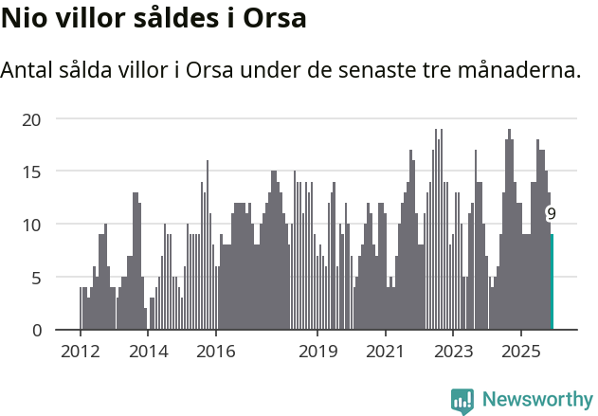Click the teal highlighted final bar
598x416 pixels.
(553, 282)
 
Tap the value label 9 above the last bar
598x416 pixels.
(551, 214)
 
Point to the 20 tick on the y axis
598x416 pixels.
(32, 119)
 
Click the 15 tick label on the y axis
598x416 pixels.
(32, 172)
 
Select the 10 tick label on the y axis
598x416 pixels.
(32, 225)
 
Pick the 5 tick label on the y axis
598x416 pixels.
(36, 278)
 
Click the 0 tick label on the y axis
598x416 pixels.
(36, 330)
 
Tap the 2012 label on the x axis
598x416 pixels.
(80, 352)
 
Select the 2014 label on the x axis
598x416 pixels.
(148, 352)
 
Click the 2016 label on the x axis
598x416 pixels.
(215, 352)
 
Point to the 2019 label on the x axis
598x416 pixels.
(317, 352)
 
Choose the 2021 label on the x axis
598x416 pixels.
(386, 352)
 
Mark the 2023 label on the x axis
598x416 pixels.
(453, 352)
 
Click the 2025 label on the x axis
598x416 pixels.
(521, 352)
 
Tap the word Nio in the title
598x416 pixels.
(24, 18)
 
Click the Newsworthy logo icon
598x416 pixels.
(462, 400)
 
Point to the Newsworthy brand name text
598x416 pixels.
(536, 400)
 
